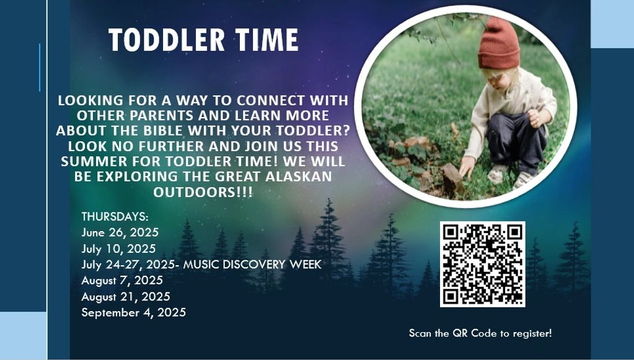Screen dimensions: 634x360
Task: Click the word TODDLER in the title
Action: (167, 40)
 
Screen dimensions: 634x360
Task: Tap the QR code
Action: (482, 264)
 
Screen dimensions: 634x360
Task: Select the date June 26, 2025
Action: (120, 233)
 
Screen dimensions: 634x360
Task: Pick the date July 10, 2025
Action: (118, 248)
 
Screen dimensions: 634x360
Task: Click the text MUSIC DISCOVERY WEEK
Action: (252, 264)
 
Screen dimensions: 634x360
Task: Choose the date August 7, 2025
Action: (122, 281)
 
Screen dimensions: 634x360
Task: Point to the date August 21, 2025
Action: (126, 297)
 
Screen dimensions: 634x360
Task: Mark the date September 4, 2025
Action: (133, 312)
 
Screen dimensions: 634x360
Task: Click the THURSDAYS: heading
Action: (115, 217)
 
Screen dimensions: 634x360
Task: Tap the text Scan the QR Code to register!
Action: (480, 333)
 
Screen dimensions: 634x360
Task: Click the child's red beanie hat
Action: (498, 43)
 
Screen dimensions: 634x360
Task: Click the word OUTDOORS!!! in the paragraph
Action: (203, 192)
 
